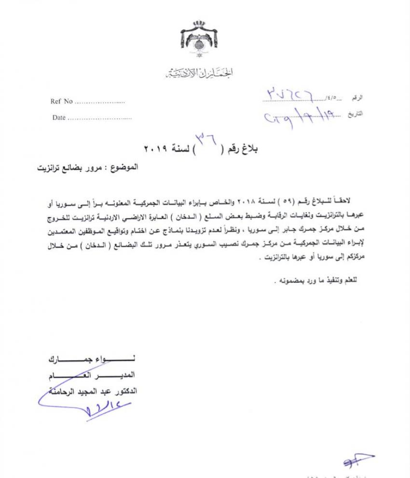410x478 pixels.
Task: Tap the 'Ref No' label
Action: tap(61, 101)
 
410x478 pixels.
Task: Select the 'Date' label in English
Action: tap(59, 118)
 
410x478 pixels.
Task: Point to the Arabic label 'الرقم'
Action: tap(357, 98)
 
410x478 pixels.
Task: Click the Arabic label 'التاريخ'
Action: tap(356, 114)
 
